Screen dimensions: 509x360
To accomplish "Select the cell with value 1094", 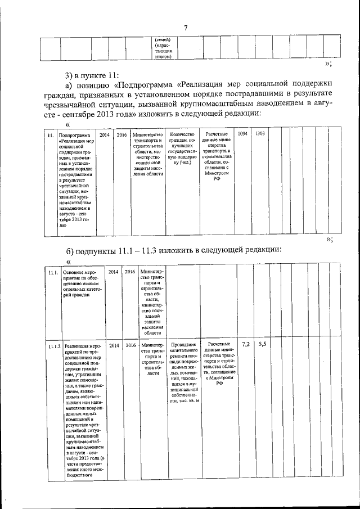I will [242, 134].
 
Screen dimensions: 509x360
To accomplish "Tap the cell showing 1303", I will [259, 134].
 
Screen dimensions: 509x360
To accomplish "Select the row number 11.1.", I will [53, 272].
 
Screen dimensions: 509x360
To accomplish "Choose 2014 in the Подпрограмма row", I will [105, 135].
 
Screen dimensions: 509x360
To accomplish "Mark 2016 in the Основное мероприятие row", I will [130, 272].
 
